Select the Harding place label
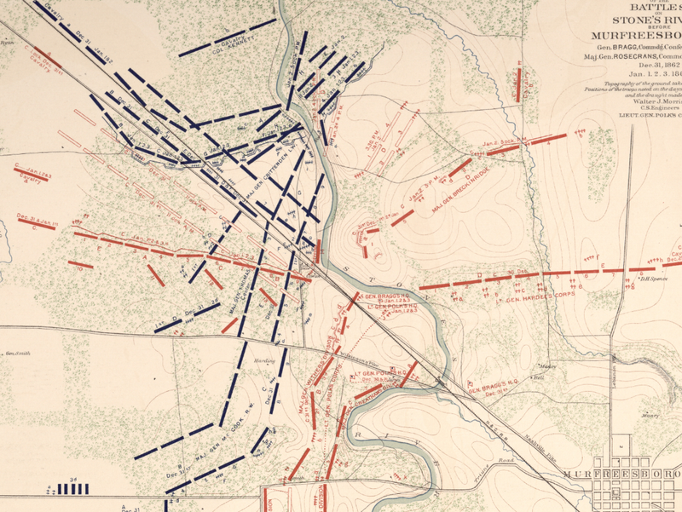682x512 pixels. (x=263, y=360)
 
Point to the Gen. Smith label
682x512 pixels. (x=17, y=354)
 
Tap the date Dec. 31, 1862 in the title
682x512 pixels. (x=648, y=66)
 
